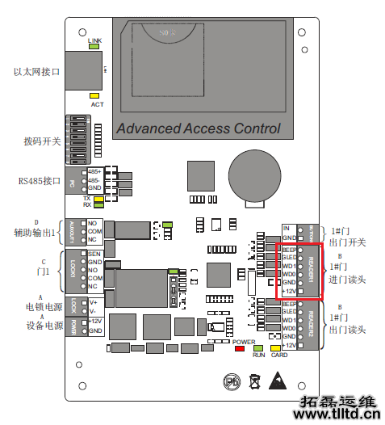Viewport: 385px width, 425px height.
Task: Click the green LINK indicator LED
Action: pos(94,47)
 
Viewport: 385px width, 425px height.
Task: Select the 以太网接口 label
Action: pos(36,73)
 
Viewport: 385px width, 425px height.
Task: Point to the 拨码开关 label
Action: pos(42,141)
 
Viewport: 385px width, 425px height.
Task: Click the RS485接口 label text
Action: pos(40,180)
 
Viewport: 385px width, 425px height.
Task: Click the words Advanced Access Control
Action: pos(198,128)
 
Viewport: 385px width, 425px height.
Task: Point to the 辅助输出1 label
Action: pos(36,233)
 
